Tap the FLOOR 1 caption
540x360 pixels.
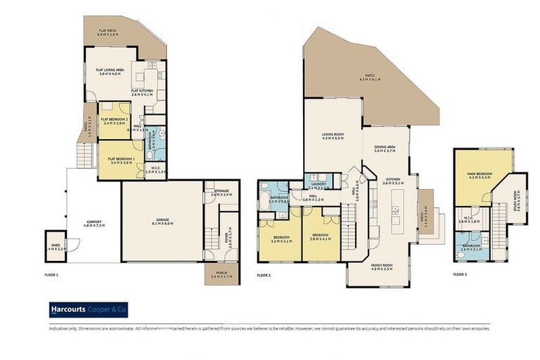pyautogui.click(x=50, y=274)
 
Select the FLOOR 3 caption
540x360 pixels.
pyautogui.click(x=460, y=274)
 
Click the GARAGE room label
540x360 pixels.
pyautogui.click(x=162, y=220)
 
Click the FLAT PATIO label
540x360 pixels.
pyautogui.click(x=108, y=30)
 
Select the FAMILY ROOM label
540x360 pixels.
pyautogui.click(x=382, y=266)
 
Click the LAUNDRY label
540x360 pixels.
pyautogui.click(x=319, y=185)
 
